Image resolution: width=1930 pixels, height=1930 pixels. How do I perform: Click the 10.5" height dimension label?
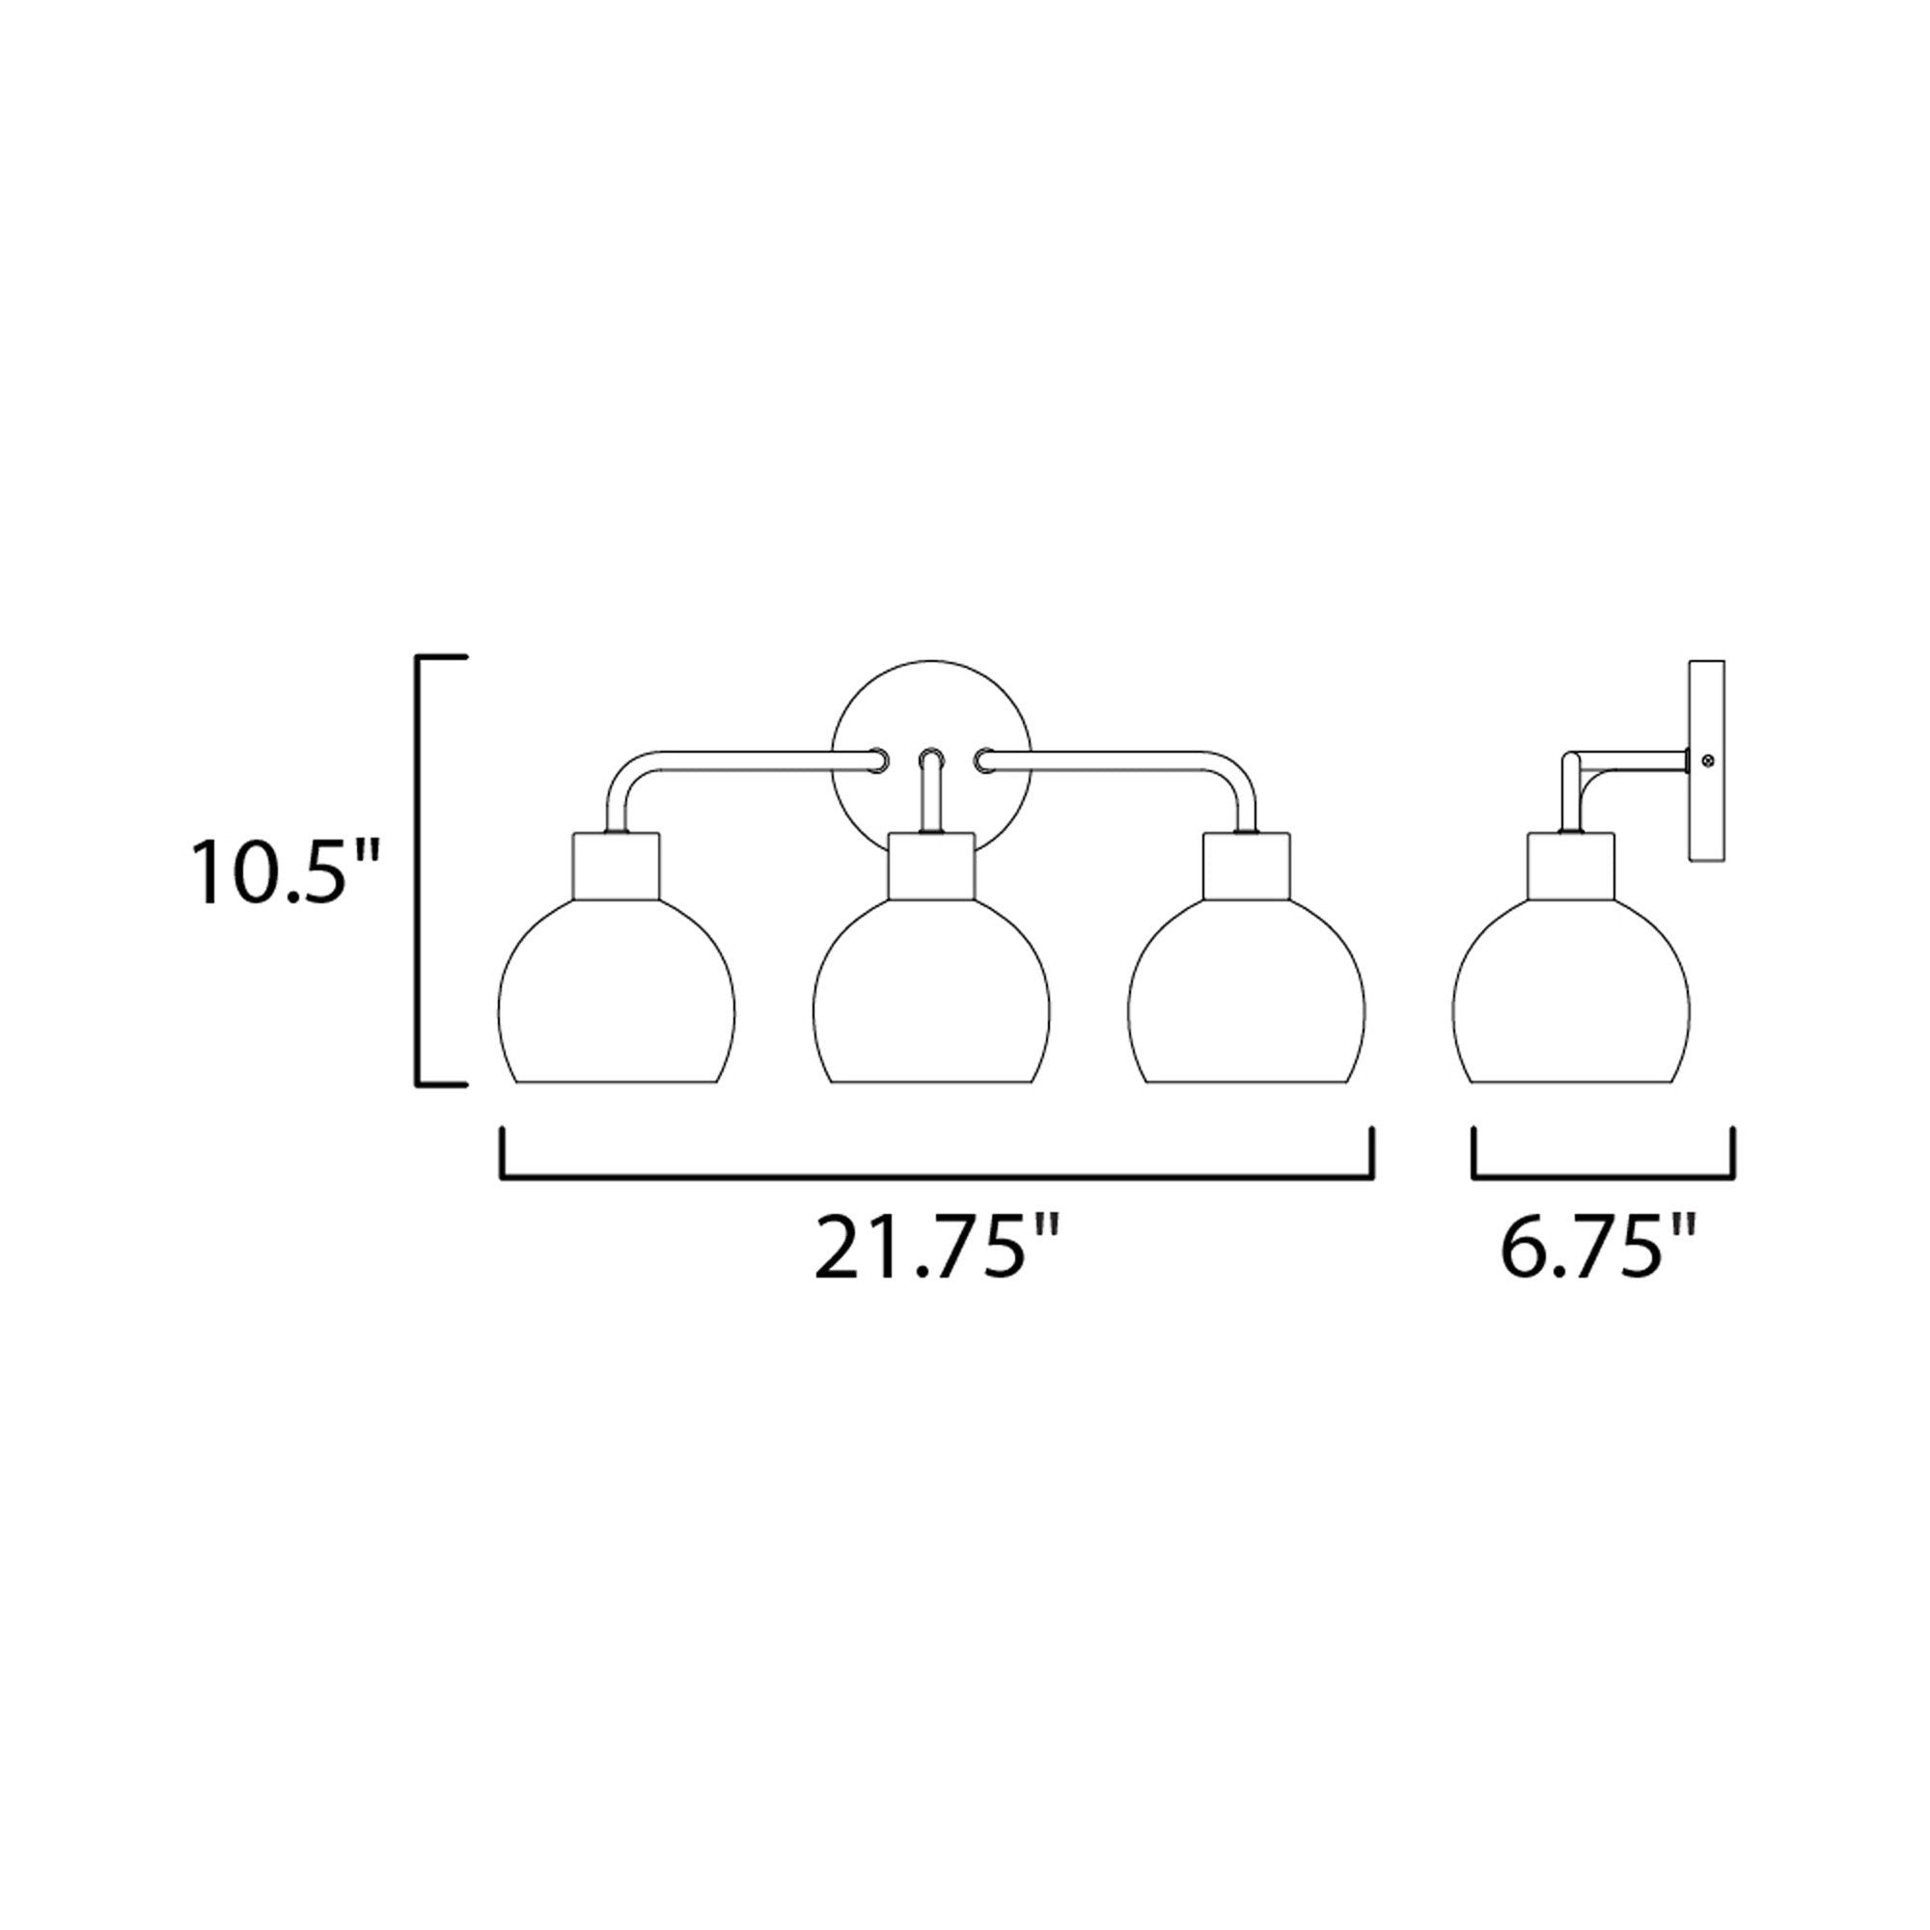pyautogui.click(x=287, y=873)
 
